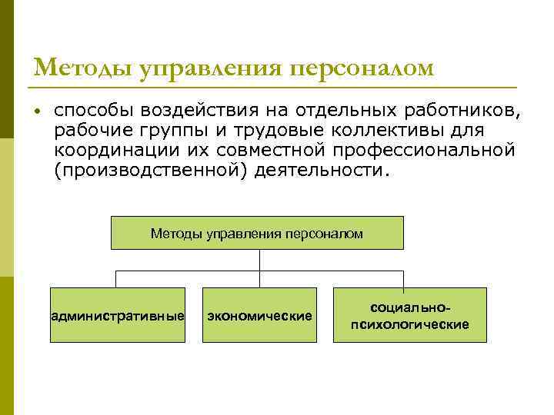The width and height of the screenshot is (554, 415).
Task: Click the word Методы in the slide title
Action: coord(83,68)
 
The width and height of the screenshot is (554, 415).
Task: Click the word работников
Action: coord(462,111)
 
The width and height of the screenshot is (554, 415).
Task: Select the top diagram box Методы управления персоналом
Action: coord(257,233)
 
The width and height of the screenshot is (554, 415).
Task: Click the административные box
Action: coord(118,315)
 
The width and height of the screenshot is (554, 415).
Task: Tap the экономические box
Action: coord(259,315)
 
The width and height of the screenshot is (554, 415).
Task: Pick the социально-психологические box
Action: coord(409,315)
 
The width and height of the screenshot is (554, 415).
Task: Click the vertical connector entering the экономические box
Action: coord(259,279)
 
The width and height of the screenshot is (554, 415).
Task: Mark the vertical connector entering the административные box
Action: coord(117,279)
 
